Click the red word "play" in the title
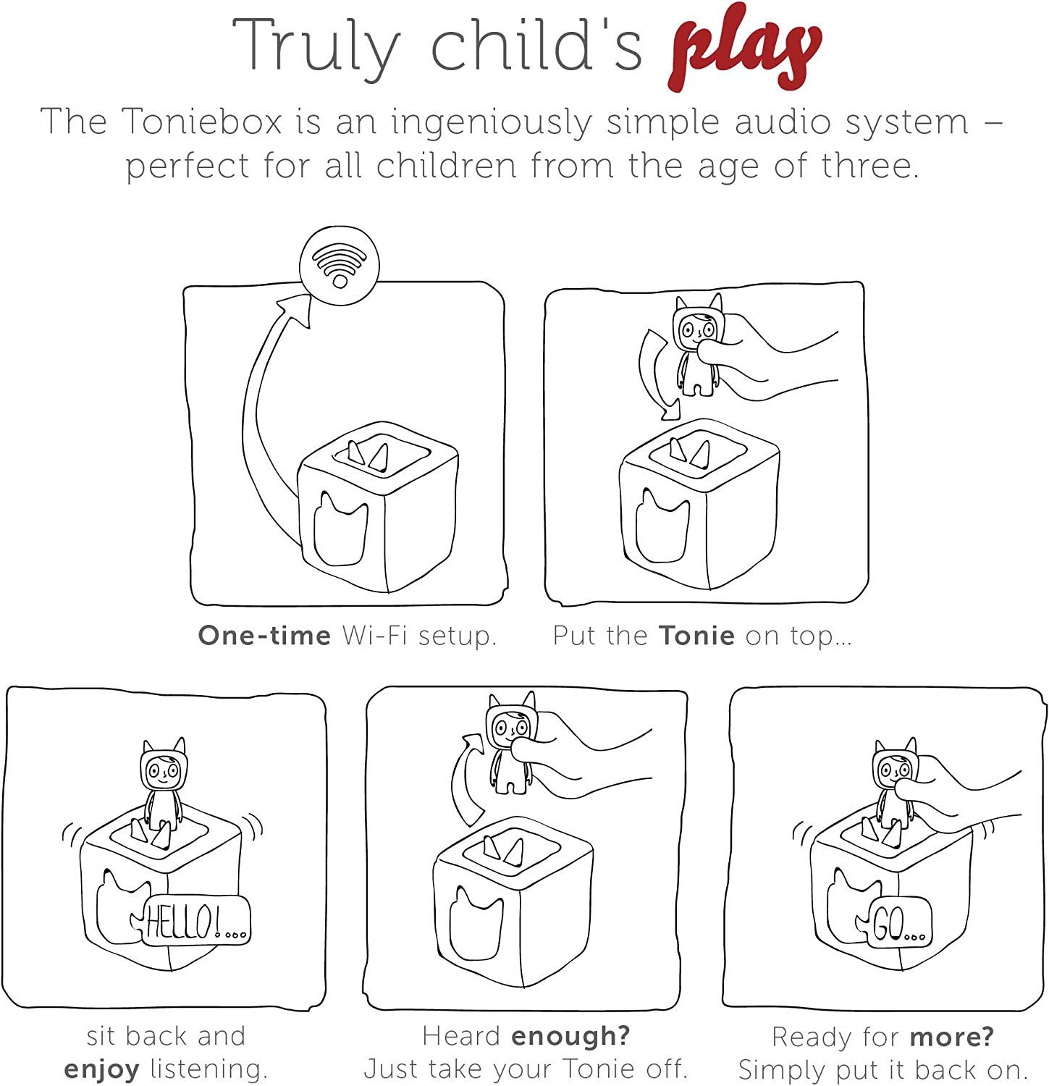tap(746, 47)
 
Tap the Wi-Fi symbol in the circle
tap(339, 264)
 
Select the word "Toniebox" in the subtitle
tap(202, 121)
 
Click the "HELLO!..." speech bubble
tap(197, 922)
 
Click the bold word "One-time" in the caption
tap(264, 635)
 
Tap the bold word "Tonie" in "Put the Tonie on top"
tap(696, 635)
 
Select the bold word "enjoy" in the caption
tap(101, 1069)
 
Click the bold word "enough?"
tap(570, 1035)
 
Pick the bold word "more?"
tap(951, 1037)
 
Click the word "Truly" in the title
tap(316, 45)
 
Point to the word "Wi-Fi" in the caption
tap(374, 635)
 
